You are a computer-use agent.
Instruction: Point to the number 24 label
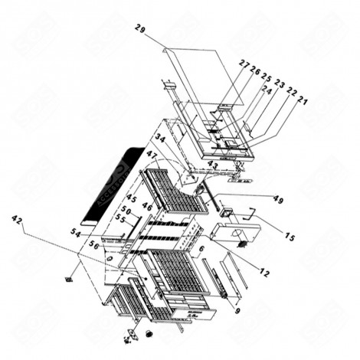267,88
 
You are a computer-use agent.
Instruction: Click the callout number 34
160,138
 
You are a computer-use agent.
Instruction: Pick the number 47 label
152,155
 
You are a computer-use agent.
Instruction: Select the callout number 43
213,165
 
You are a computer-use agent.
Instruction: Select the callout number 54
76,232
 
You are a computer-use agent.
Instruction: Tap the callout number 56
94,244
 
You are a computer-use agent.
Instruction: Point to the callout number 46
147,207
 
